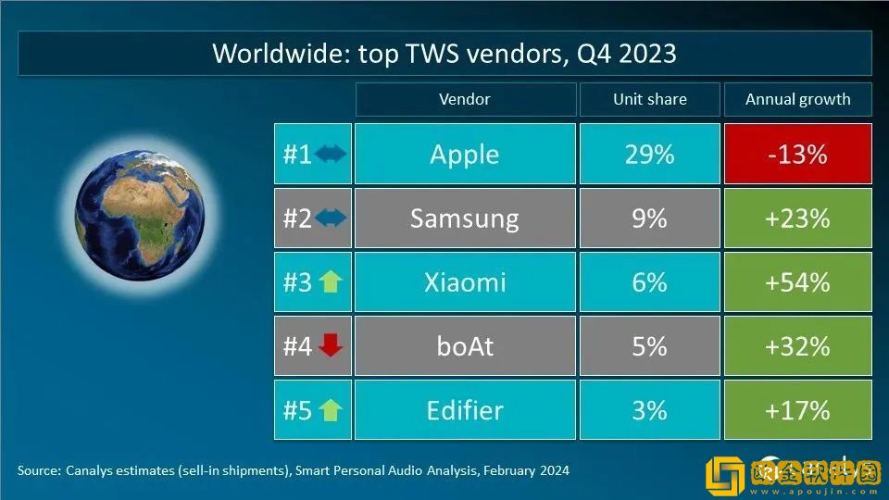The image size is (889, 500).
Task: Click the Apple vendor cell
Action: pos(465,155)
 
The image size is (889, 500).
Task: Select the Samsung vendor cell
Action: pos(465,219)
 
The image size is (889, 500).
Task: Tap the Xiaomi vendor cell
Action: pos(465,282)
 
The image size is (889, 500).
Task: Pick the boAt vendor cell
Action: pos(465,346)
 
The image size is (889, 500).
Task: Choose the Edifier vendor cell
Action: pos(465,410)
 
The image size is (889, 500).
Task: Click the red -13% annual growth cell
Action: pos(797,155)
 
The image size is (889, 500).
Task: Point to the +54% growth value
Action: pos(797,282)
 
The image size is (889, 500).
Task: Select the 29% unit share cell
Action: pos(649,155)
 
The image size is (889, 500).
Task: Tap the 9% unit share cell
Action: pos(649,219)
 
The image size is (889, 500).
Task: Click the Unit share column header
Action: pos(649,100)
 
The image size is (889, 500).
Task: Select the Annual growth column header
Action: pos(797,100)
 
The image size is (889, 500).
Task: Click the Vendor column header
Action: pos(465,100)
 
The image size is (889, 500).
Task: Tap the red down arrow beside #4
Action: pos(331,345)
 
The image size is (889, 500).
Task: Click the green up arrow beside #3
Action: pos(331,282)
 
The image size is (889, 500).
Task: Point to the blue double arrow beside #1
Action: pos(331,155)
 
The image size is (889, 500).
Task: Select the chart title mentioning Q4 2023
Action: pos(444,54)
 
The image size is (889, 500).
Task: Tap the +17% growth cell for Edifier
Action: pos(797,410)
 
